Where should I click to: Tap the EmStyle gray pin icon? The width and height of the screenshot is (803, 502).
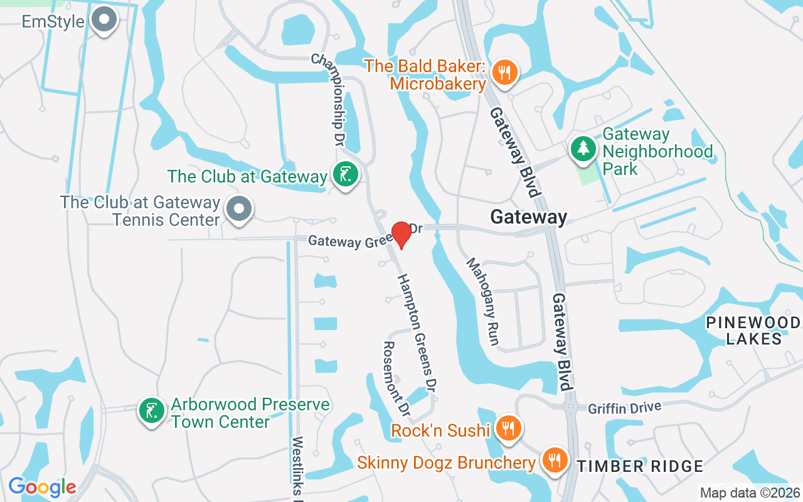point(104,19)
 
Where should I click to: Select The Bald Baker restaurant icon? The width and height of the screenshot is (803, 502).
point(504,71)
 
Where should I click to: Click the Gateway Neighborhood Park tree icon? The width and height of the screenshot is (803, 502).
point(583,149)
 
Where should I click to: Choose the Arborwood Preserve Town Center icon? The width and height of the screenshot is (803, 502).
point(151,410)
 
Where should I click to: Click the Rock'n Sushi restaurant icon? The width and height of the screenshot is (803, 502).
point(508,429)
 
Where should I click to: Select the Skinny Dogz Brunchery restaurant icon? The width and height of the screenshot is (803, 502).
point(554,461)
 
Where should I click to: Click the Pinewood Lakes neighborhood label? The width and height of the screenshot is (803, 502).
point(753,331)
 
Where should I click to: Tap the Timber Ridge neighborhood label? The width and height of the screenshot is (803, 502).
point(640,466)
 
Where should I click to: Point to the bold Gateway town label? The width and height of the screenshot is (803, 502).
point(528,217)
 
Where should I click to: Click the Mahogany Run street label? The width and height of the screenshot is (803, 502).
point(482,301)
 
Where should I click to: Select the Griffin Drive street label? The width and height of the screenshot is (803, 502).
point(624,408)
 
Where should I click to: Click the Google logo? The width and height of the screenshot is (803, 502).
point(42,487)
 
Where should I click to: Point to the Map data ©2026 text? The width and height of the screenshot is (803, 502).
point(750,493)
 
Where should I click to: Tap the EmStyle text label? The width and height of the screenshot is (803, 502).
point(53,21)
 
